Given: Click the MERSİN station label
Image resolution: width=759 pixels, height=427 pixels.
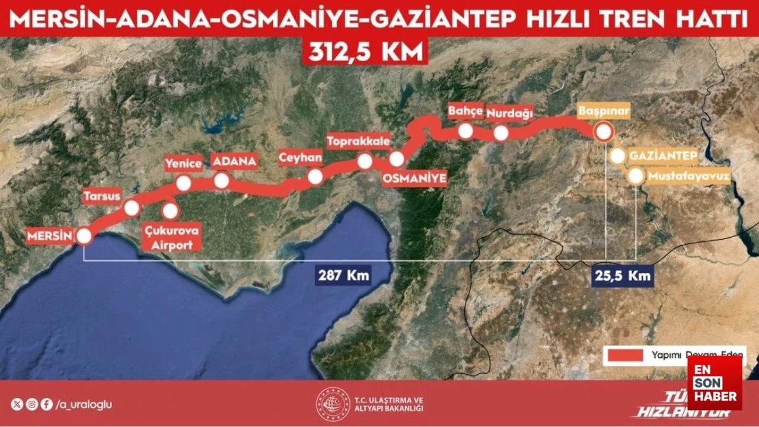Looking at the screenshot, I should [x=49, y=236].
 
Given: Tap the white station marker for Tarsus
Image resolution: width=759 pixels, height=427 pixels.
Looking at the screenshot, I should [x=132, y=208].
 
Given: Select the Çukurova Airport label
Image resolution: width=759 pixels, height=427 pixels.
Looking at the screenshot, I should [x=171, y=237].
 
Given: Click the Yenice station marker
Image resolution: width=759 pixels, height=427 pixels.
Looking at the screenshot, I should [x=184, y=183].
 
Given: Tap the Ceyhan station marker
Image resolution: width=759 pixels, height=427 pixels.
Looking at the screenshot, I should [x=315, y=176].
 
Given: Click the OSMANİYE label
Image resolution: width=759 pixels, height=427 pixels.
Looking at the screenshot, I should [x=414, y=179].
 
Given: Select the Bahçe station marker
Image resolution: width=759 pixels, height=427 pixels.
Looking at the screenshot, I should [x=466, y=130].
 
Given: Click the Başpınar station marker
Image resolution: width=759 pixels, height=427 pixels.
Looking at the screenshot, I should [x=604, y=132].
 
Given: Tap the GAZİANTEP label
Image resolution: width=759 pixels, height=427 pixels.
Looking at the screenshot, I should [x=662, y=156].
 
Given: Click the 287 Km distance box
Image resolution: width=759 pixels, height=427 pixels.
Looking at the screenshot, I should [x=344, y=276].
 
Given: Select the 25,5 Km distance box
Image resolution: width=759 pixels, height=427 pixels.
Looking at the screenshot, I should [x=623, y=276].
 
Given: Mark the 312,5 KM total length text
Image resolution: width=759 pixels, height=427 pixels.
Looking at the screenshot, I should [x=365, y=51].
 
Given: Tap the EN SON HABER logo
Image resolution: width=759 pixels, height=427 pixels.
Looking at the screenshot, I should [x=714, y=383].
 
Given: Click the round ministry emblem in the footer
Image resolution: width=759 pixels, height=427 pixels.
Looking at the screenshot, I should [x=333, y=404].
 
